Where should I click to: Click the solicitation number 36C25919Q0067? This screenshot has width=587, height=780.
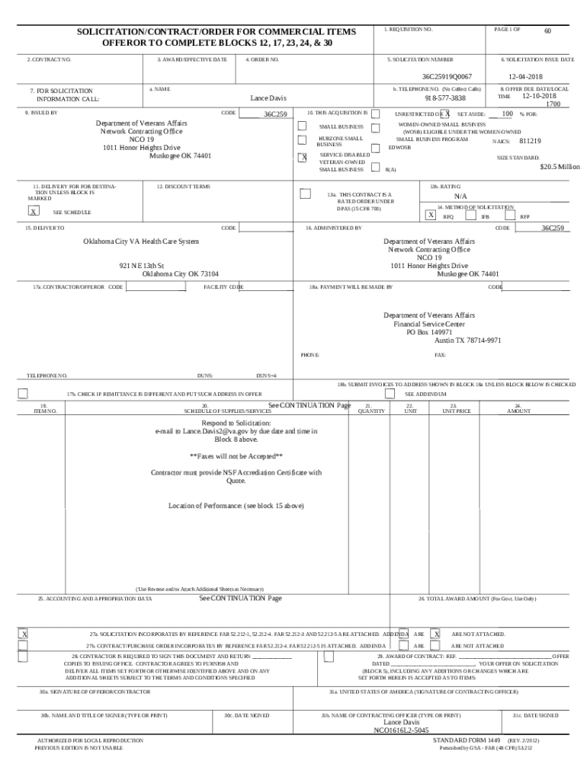click(x=447, y=76)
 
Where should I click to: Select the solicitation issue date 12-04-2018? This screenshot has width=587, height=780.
click(x=526, y=76)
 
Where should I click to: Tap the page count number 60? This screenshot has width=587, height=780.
click(x=547, y=30)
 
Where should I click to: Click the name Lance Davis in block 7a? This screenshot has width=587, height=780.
click(x=268, y=98)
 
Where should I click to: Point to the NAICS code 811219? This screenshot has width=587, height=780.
click(x=530, y=141)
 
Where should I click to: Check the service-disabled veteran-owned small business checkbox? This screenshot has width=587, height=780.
click(x=302, y=158)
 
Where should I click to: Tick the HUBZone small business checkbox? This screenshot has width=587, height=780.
click(x=302, y=140)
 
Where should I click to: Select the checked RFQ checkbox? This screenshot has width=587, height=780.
click(x=431, y=216)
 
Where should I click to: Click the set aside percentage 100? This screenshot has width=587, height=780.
click(x=507, y=113)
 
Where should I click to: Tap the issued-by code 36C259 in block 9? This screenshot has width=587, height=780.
click(x=274, y=113)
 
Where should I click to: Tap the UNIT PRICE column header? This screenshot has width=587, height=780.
click(x=457, y=411)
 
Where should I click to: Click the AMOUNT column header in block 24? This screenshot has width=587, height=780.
click(x=518, y=411)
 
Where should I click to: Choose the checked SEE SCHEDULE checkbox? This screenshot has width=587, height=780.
click(x=33, y=212)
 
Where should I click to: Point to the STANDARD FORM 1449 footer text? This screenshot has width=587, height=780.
click(x=467, y=740)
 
